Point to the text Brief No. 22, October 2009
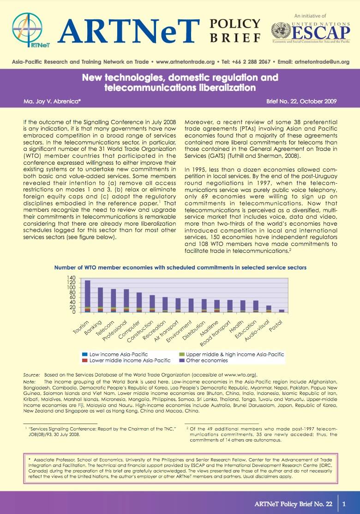pyautogui.click(x=301, y=102)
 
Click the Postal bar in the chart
pyautogui.click(x=282, y=311)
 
